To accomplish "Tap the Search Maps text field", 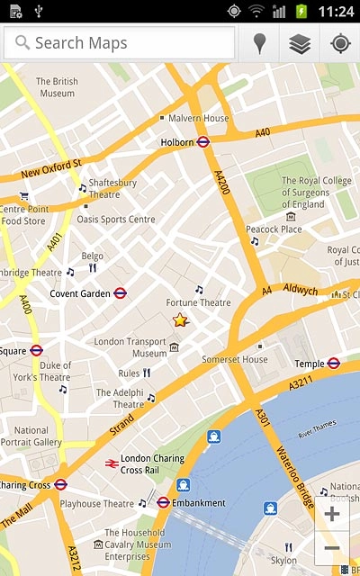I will pos(121,43).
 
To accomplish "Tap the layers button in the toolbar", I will pos(300,43).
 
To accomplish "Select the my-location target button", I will pos(340,43).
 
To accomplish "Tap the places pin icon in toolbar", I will pos(260,43).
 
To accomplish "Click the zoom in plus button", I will pos(332,515).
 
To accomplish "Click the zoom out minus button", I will pos(332,548).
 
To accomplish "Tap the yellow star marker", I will pos(180,319).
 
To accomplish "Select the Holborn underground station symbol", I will pos(203,141).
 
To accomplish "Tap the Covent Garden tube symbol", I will pos(120,293).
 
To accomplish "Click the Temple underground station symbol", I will pos(333,364).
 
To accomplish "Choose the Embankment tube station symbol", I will pos(163,502).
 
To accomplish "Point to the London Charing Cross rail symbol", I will pos(112,463).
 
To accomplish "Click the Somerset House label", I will pos(234,359).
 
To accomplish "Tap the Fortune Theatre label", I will pos(199,303).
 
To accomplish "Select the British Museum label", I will pos(56,87).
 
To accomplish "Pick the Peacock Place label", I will pos(274,229).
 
